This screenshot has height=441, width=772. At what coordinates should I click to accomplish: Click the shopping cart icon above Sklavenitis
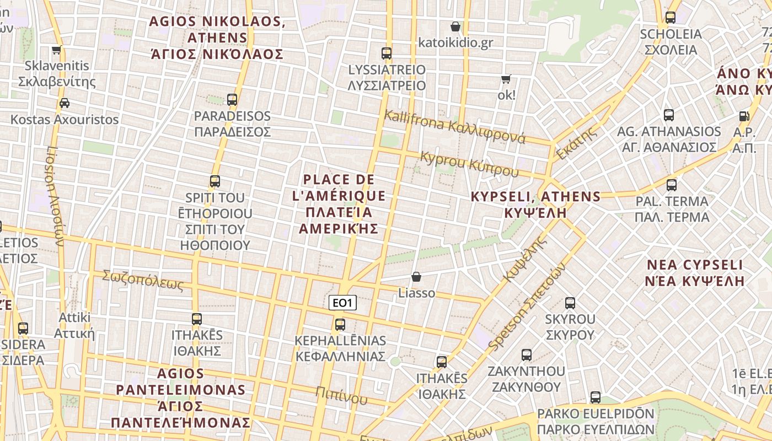point(56,50)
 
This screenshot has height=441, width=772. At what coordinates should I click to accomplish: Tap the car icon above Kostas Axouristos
point(65,103)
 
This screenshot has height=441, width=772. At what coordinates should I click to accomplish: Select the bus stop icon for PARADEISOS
point(232,100)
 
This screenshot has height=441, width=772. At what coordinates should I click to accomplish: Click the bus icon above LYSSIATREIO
point(387,53)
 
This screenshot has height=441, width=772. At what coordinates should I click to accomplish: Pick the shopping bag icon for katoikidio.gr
point(455,26)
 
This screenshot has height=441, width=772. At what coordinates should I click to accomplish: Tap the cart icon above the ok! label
point(506,79)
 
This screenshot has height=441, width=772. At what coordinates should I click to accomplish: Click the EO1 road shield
point(342,303)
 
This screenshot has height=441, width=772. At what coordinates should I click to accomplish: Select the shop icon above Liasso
point(416,277)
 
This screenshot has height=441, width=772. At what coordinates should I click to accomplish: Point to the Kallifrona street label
point(454,127)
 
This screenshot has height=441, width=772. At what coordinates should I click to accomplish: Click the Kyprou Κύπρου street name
point(469,164)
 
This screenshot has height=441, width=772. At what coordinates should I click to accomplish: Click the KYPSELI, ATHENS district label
point(535,205)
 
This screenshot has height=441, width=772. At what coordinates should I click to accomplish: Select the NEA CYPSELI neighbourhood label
point(695,273)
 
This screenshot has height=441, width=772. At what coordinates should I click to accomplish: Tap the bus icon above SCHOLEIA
point(671,18)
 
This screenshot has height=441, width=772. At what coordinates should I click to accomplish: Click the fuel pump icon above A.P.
point(744,116)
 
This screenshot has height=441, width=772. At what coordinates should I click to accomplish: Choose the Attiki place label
point(74,325)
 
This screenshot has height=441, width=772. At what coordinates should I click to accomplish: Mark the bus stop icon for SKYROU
point(570,303)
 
